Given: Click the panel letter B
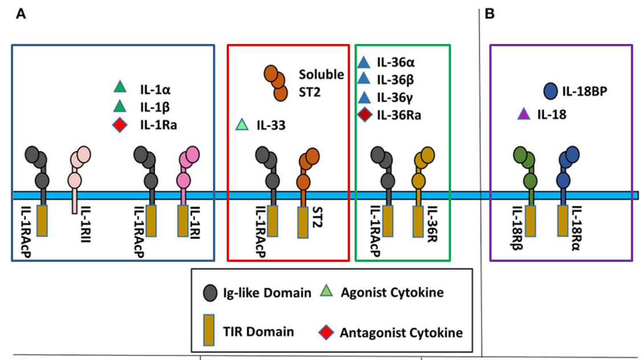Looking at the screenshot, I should tap(489, 14).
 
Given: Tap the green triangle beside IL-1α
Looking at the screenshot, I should tap(119, 87).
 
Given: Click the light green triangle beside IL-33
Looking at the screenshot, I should tap(242, 124).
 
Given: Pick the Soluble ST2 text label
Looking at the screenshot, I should tap(321, 82).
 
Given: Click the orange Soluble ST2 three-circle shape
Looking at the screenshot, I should tap(275, 83).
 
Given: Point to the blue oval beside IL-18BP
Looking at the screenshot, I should tap(550, 91).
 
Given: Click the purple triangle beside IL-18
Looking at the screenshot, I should tap(522, 115).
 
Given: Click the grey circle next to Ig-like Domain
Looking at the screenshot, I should tap(210, 293).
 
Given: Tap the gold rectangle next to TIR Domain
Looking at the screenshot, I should tap(210, 330).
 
